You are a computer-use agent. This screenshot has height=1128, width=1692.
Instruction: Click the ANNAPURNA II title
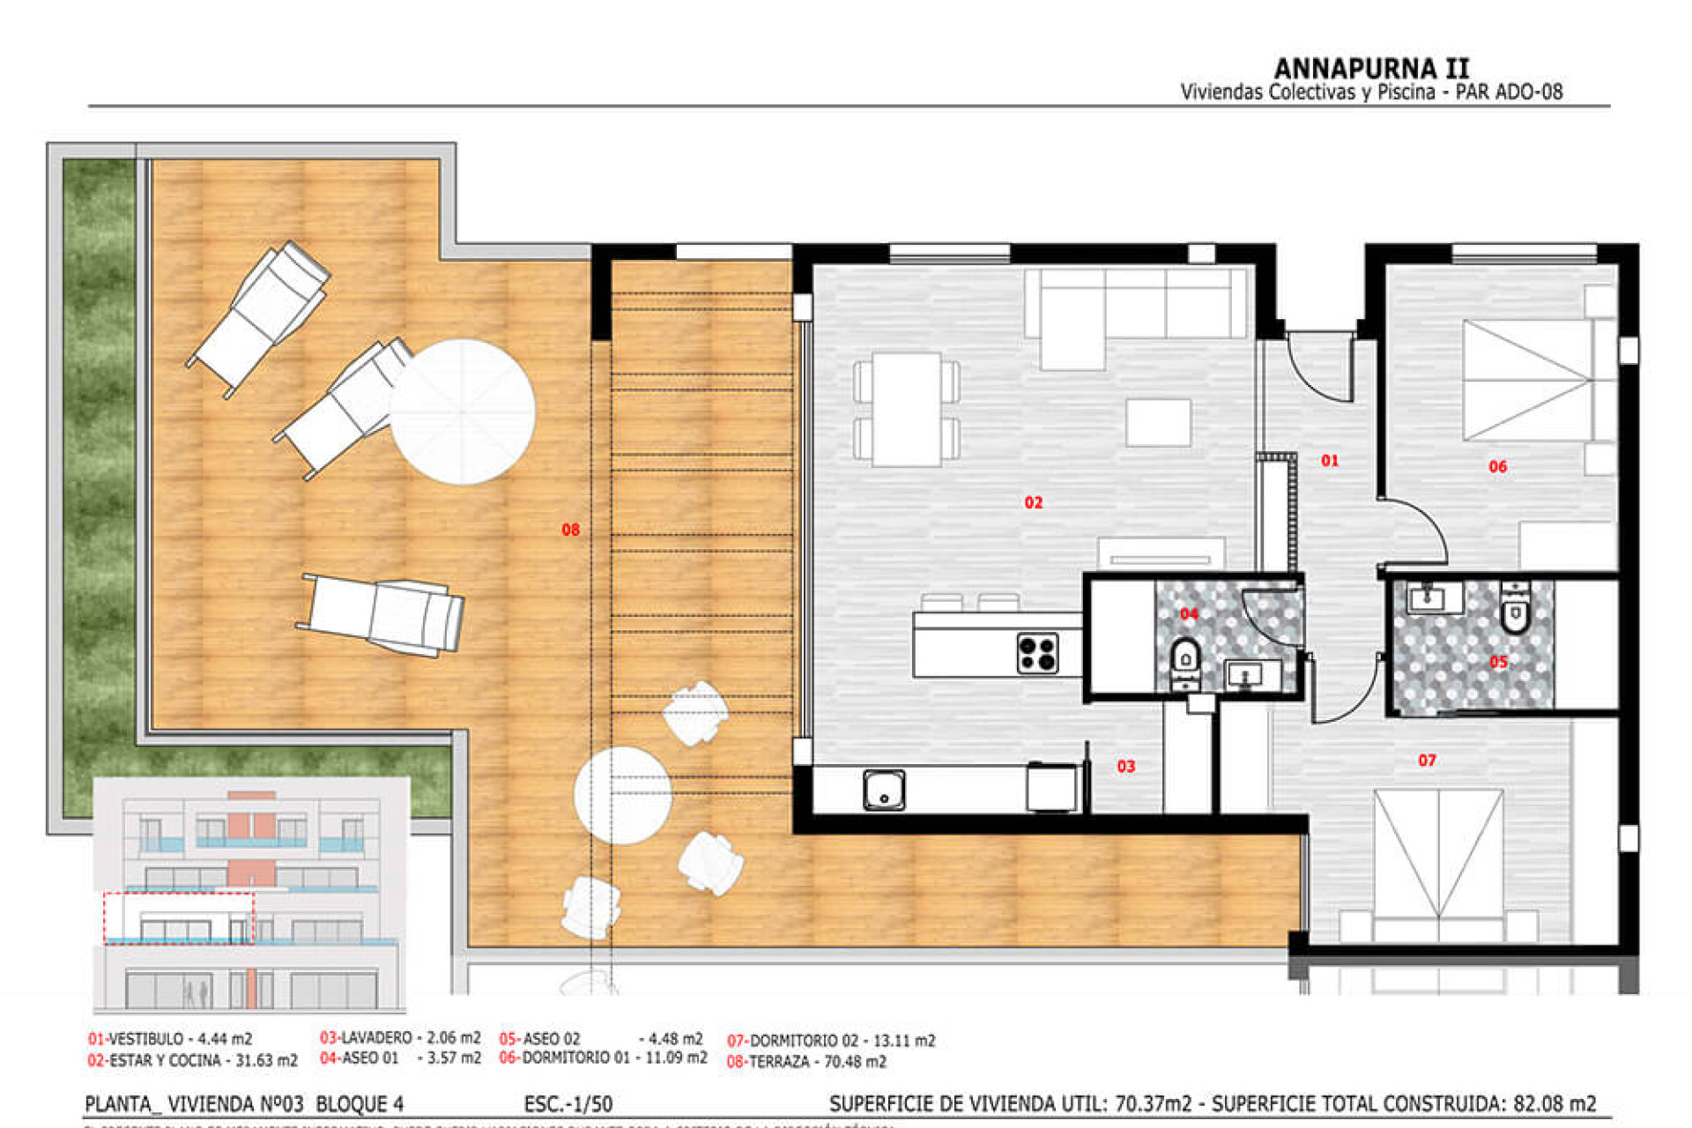pyautogui.click(x=1371, y=69)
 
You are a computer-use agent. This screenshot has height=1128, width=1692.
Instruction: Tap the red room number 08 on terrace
pyautogui.click(x=570, y=530)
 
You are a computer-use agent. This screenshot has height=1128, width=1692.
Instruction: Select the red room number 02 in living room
pyautogui.click(x=1033, y=502)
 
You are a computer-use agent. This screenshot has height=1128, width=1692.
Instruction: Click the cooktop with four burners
pyautogui.click(x=1037, y=653)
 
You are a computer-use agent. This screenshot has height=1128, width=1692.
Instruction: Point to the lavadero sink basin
pyautogui.click(x=884, y=790)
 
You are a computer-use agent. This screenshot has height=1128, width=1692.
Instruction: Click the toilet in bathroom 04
pyautogui.click(x=1186, y=658)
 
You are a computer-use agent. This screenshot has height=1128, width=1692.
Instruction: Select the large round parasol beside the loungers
pyautogui.click(x=463, y=412)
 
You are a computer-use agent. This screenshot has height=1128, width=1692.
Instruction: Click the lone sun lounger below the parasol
pyautogui.click(x=382, y=614)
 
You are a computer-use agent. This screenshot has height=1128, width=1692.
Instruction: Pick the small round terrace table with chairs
pyautogui.click(x=622, y=795)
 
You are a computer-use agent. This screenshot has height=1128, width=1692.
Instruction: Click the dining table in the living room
pyautogui.click(x=907, y=409)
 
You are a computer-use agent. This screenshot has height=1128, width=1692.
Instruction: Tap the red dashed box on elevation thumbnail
pyautogui.click(x=179, y=917)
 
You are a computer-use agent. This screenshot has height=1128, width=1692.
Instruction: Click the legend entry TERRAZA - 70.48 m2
pyautogui.click(x=806, y=1062)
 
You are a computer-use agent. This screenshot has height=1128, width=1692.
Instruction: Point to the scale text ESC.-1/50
pyautogui.click(x=568, y=1104)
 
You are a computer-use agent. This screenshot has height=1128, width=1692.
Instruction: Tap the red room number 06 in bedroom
pyautogui.click(x=1497, y=466)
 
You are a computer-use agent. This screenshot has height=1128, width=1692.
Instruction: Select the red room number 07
pyautogui.click(x=1427, y=760)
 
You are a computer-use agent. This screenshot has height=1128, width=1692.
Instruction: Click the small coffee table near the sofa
pyautogui.click(x=1158, y=422)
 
